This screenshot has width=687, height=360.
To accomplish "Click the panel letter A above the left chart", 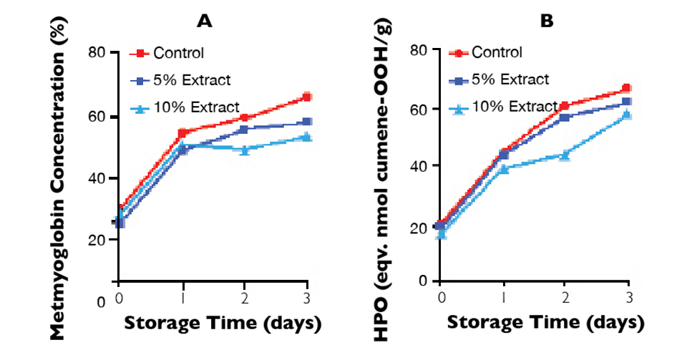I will [x=205, y=21].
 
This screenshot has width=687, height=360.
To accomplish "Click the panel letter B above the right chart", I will [x=547, y=21].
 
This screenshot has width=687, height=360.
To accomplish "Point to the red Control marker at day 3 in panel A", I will [x=307, y=97].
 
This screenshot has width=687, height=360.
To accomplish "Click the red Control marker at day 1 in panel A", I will [x=182, y=133].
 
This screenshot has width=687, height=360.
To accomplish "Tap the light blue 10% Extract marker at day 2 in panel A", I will [x=245, y=150].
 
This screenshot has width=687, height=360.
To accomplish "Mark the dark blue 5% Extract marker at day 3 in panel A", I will [x=307, y=122].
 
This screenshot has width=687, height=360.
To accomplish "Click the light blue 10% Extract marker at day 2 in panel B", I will [x=565, y=155].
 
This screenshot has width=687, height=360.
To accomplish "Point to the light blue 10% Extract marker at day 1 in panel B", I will [x=503, y=169].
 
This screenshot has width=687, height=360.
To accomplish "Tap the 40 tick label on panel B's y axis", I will [x=417, y=165].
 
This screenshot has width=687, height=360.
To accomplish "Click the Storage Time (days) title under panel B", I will [x=546, y=323].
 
